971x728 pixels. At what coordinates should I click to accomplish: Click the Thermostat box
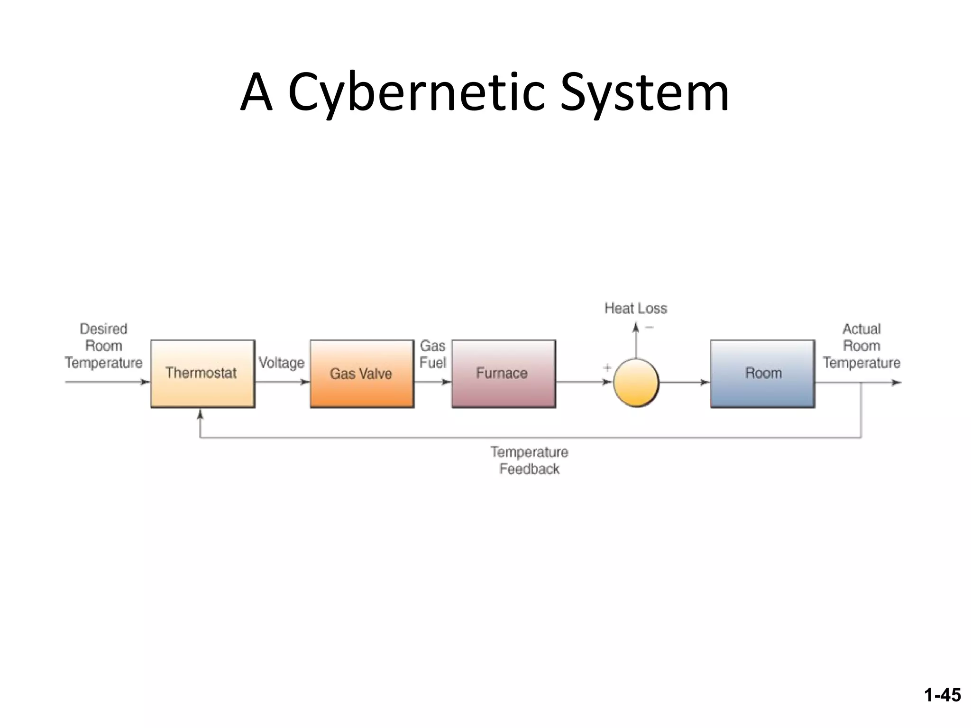202,373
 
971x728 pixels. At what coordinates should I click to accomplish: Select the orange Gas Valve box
362,373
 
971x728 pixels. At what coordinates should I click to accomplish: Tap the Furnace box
503,373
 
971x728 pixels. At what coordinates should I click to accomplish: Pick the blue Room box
762,373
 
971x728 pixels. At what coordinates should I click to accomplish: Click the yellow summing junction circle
636,382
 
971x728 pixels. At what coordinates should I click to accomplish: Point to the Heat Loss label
635,309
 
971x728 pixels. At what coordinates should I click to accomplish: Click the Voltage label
282,363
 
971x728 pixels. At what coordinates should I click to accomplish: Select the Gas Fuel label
432,354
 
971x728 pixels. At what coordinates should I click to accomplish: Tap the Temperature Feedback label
529,460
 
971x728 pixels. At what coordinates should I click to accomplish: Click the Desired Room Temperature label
103,346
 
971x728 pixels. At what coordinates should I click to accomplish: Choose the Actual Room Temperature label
861,346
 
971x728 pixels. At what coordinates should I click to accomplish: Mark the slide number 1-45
942,695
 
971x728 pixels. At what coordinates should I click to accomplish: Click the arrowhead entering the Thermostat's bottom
200,414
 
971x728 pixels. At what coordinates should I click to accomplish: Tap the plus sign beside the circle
607,367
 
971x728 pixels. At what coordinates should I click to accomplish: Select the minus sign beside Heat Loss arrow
650,327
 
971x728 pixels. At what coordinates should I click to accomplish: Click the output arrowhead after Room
896,382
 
